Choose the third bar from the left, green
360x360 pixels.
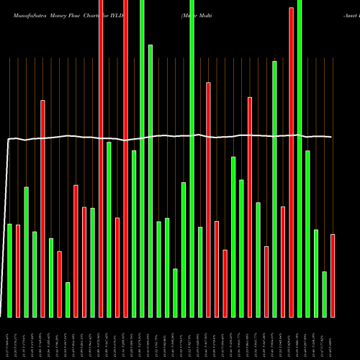[26, 252]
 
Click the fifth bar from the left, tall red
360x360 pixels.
[42, 209]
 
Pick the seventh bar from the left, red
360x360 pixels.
[59, 284]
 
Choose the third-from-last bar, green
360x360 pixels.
[316, 273]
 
